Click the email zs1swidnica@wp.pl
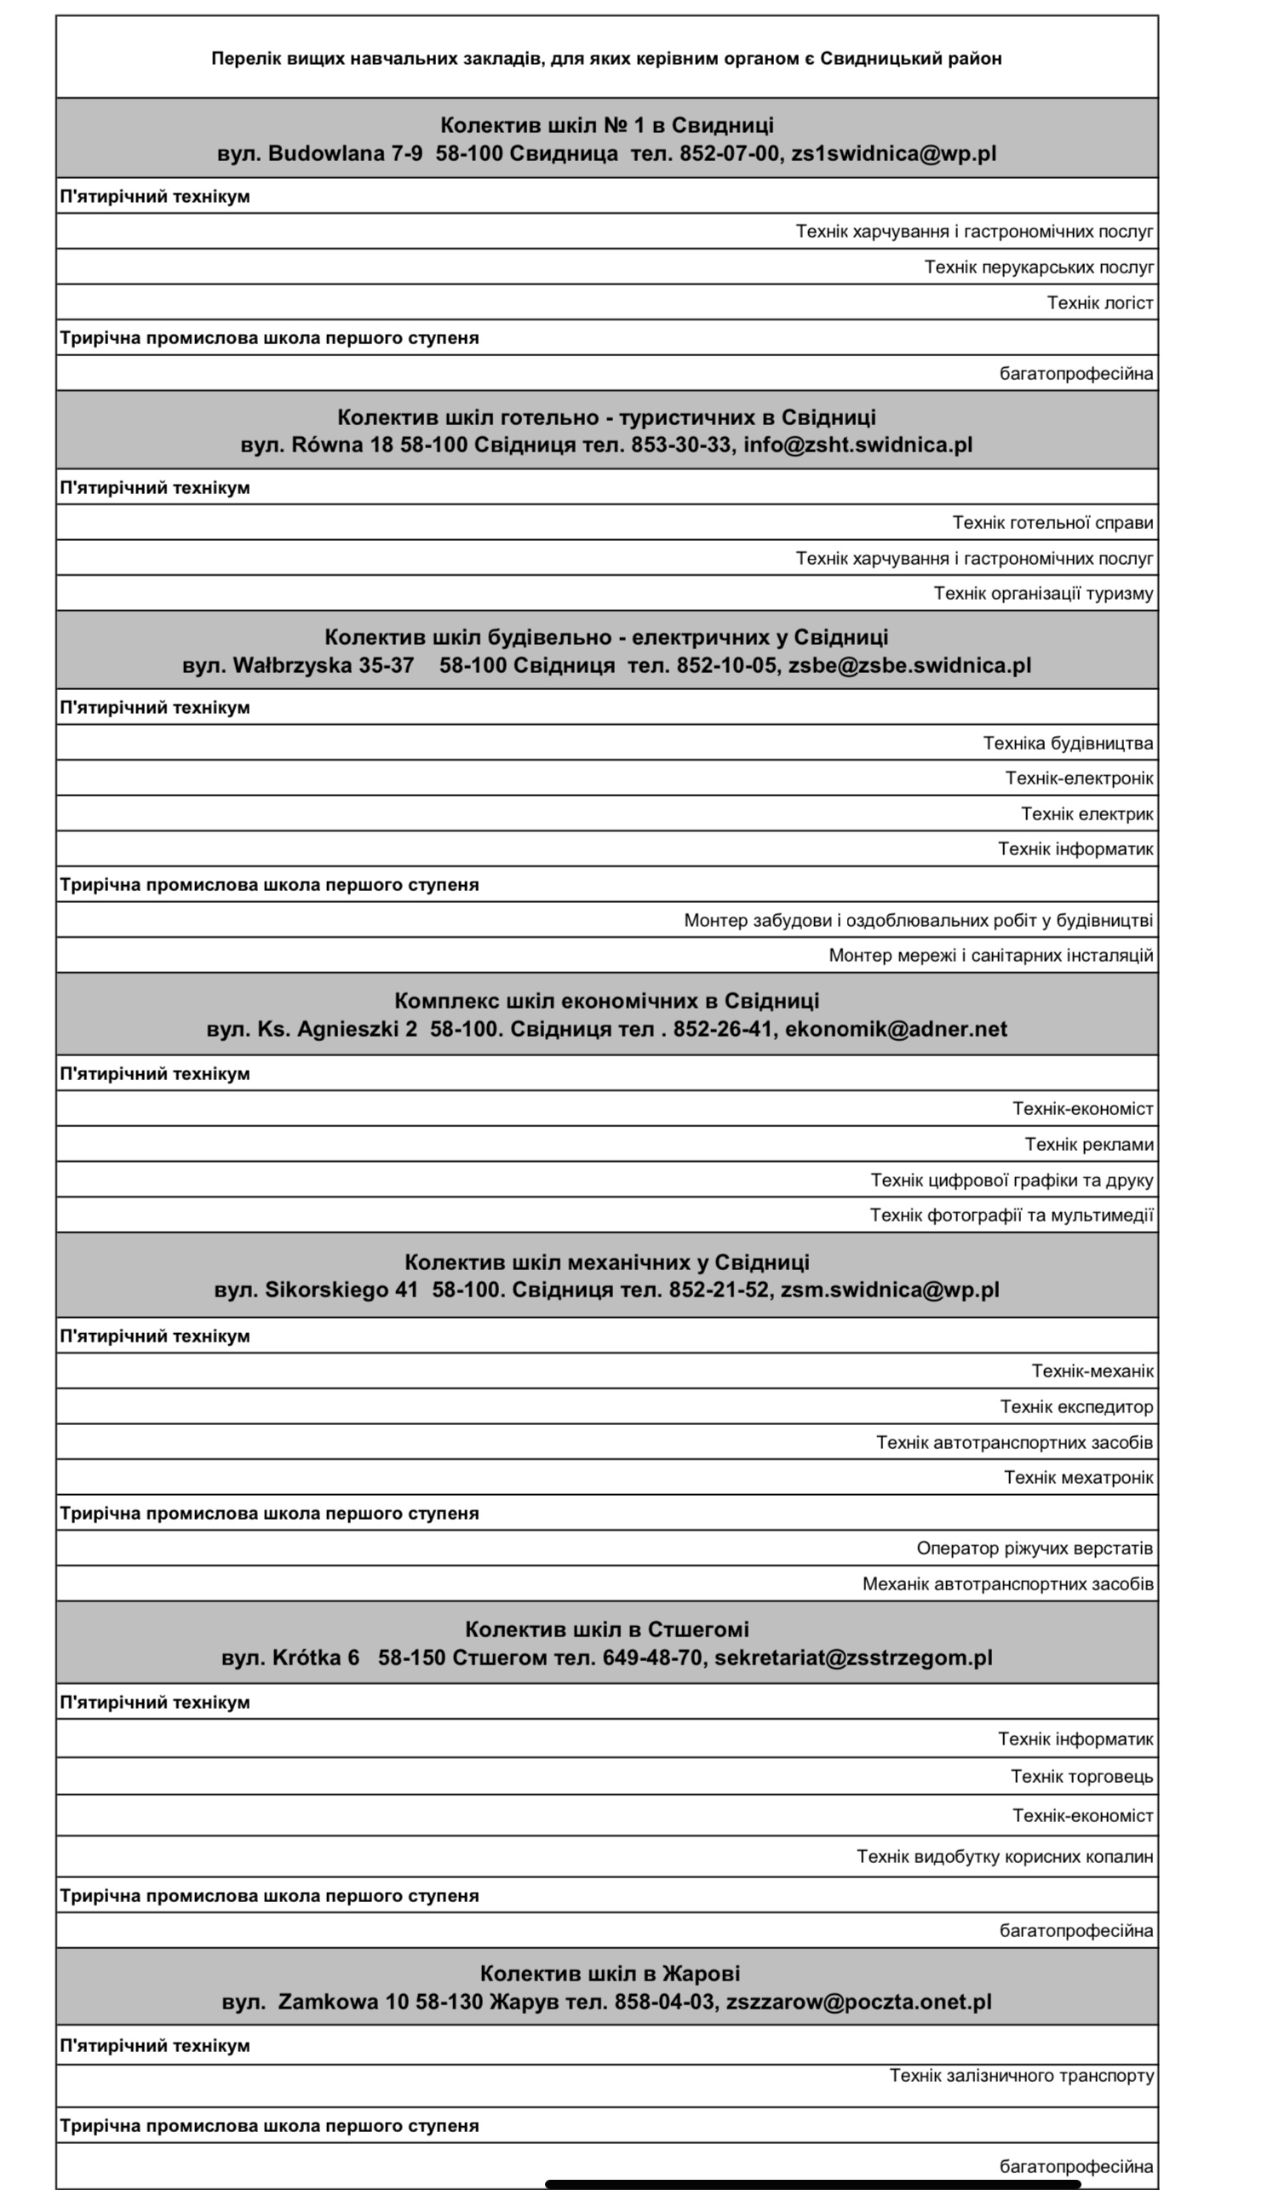tap(893, 154)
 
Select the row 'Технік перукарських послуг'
tap(1038, 267)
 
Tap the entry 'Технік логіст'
tap(1099, 303)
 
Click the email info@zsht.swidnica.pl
tap(858, 445)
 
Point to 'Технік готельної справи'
tap(1053, 523)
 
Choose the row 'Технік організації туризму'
tap(1042, 594)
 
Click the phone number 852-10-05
tap(727, 666)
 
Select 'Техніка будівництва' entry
tap(1068, 743)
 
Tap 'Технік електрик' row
tap(1086, 814)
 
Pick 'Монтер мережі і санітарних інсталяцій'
tap(990, 956)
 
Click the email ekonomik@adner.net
tap(896, 1030)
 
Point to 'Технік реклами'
tap(1088, 1145)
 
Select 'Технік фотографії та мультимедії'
tap(1012, 1216)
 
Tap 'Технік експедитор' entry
tap(1076, 1407)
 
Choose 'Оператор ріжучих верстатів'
tap(1034, 1549)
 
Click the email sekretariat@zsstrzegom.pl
tap(853, 1658)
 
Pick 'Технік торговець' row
tap(1081, 1777)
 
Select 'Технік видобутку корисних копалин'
tap(1004, 1857)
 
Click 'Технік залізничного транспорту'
tap(1021, 2076)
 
